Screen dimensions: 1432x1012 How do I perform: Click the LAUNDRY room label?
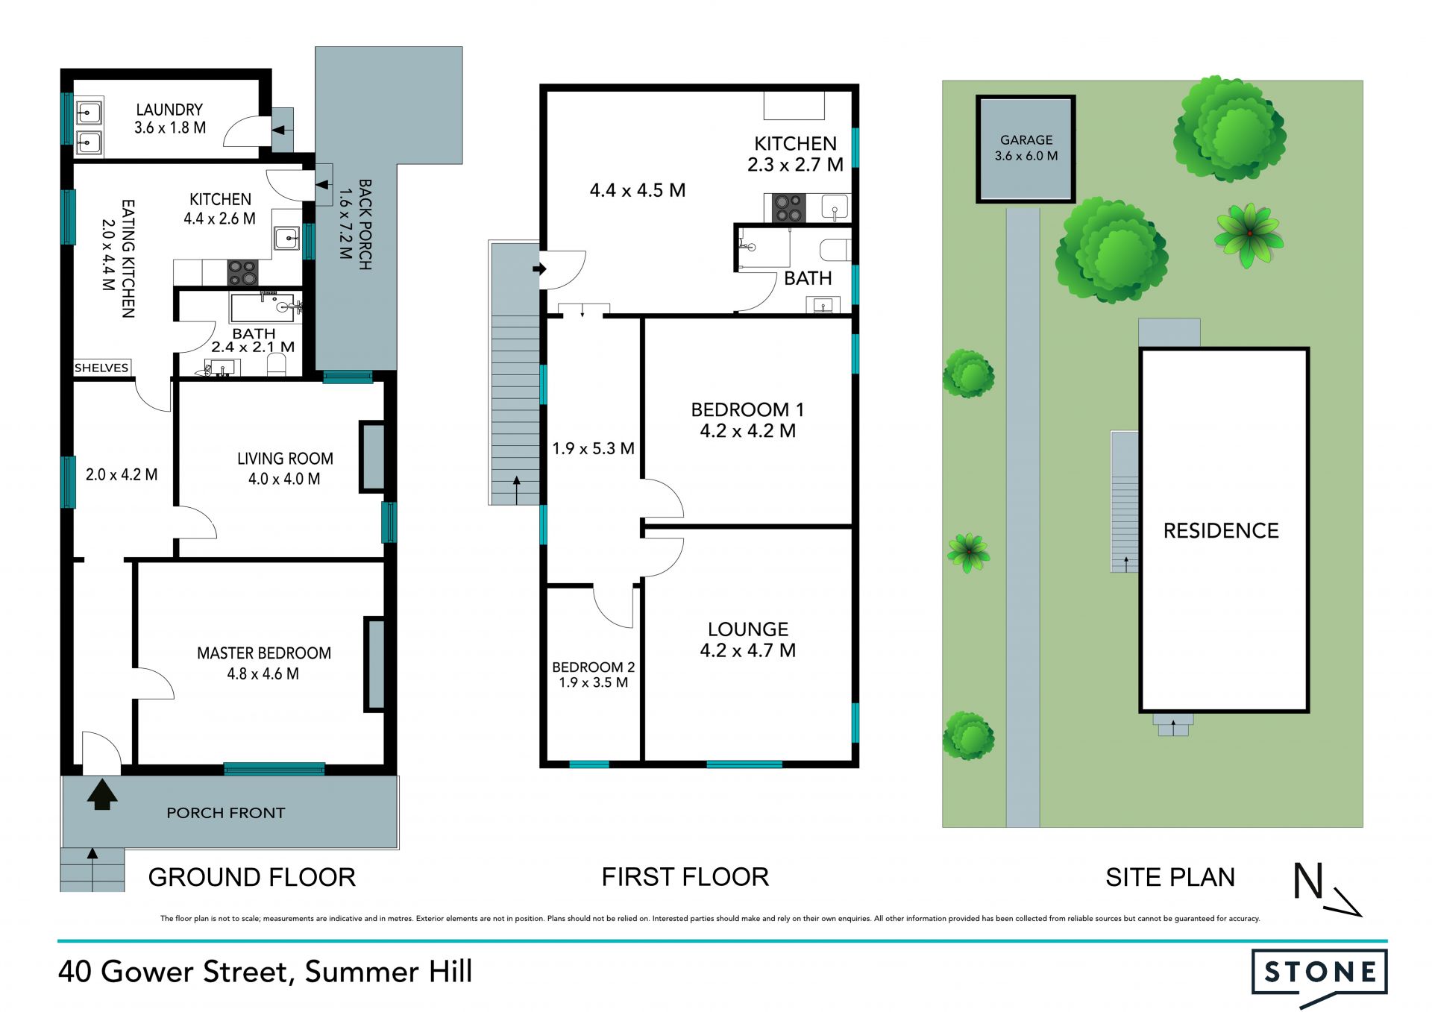click(x=169, y=110)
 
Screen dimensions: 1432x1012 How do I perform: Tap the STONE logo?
click(x=1319, y=972)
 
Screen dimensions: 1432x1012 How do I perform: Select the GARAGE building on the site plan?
click(x=1026, y=148)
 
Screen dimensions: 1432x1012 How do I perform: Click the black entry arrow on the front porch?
click(x=102, y=794)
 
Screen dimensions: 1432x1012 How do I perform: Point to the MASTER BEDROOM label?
click(x=264, y=653)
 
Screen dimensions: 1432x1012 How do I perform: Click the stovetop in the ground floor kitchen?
click(x=242, y=272)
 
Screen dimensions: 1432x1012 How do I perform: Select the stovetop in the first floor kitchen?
click(x=788, y=208)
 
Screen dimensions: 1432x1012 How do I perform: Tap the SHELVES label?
click(x=101, y=368)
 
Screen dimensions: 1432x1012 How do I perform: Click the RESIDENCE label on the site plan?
click(x=1221, y=531)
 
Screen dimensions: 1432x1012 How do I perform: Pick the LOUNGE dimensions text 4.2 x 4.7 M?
click(x=747, y=651)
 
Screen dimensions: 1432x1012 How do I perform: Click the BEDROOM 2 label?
click(x=593, y=667)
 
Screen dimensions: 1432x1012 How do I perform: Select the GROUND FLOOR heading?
click(x=252, y=877)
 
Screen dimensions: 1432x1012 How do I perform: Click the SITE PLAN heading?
click(x=1170, y=877)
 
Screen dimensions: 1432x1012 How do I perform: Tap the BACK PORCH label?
click(x=365, y=224)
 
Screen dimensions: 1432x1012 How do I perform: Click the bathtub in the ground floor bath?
click(x=261, y=307)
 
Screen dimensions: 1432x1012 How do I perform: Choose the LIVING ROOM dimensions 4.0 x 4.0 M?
click(x=284, y=479)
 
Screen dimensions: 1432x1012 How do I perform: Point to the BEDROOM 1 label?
click(x=747, y=409)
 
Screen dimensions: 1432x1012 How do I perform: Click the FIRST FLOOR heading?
click(x=685, y=877)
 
